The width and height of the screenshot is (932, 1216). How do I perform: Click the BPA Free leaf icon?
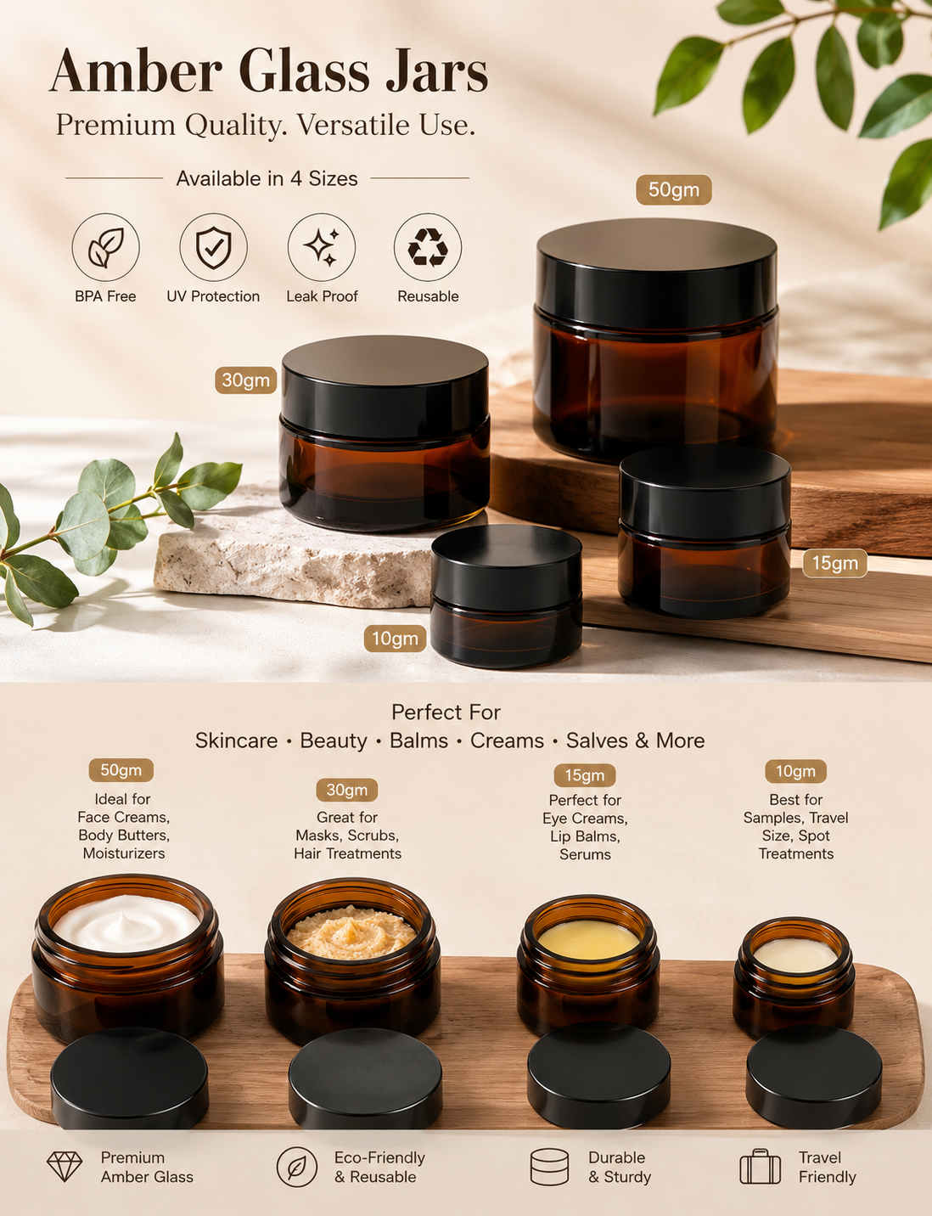click(105, 247)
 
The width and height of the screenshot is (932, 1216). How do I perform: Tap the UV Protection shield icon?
click(213, 247)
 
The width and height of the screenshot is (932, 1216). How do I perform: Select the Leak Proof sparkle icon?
click(321, 247)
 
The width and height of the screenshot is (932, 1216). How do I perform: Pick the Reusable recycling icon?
click(428, 247)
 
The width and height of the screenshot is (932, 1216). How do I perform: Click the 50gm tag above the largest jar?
click(674, 189)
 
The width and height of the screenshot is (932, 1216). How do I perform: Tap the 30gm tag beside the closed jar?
click(246, 380)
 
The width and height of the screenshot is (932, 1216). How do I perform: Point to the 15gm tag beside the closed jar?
click(834, 563)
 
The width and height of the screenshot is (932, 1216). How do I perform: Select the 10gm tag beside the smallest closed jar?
click(396, 639)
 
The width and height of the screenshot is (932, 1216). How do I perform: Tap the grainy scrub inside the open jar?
click(351, 933)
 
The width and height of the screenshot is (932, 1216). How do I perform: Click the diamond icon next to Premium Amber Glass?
click(65, 1166)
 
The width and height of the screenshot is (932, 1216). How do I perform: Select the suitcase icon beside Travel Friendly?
click(760, 1166)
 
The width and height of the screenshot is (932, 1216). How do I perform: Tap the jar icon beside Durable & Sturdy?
click(549, 1167)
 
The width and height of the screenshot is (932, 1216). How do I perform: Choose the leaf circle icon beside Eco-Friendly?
click(297, 1167)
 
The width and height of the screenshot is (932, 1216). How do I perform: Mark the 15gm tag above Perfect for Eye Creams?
click(585, 775)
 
